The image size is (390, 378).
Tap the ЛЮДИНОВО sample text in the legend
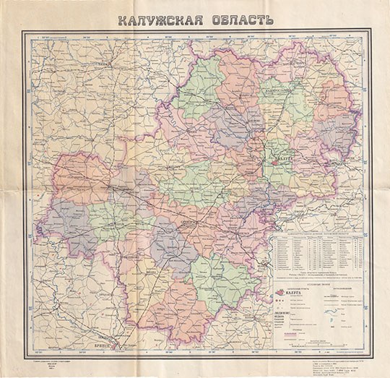point(287,312)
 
